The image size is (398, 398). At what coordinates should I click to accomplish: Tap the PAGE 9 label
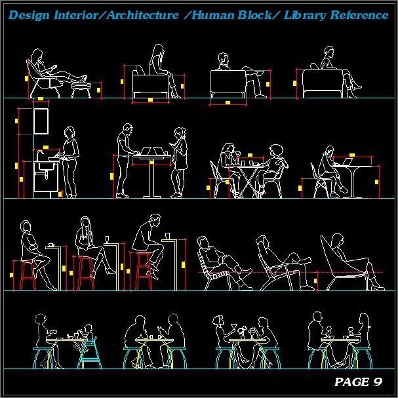358,382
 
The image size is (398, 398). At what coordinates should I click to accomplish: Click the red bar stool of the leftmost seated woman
28,275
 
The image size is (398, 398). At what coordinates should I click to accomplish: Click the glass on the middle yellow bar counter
108,239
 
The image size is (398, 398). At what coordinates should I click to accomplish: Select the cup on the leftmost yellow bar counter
50,245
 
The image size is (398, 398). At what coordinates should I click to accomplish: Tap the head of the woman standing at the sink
70,134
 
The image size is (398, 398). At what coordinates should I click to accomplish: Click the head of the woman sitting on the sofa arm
158,50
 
